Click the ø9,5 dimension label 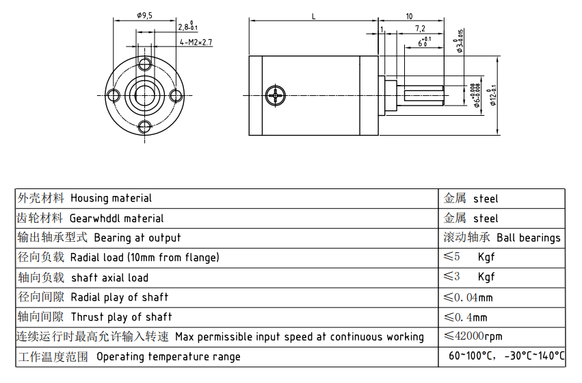pos(144,15)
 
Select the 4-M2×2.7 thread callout pos(196,42)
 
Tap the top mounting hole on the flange pos(144,64)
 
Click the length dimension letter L pos(313,16)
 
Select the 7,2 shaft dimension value pos(419,29)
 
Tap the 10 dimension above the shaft pos(409,16)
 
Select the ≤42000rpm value pos(473,336)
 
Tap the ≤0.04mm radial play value pos(468,297)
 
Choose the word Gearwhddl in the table pos(94,218)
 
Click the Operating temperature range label pos(168,356)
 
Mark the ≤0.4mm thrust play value pos(466,317)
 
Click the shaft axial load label pos(109,277)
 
